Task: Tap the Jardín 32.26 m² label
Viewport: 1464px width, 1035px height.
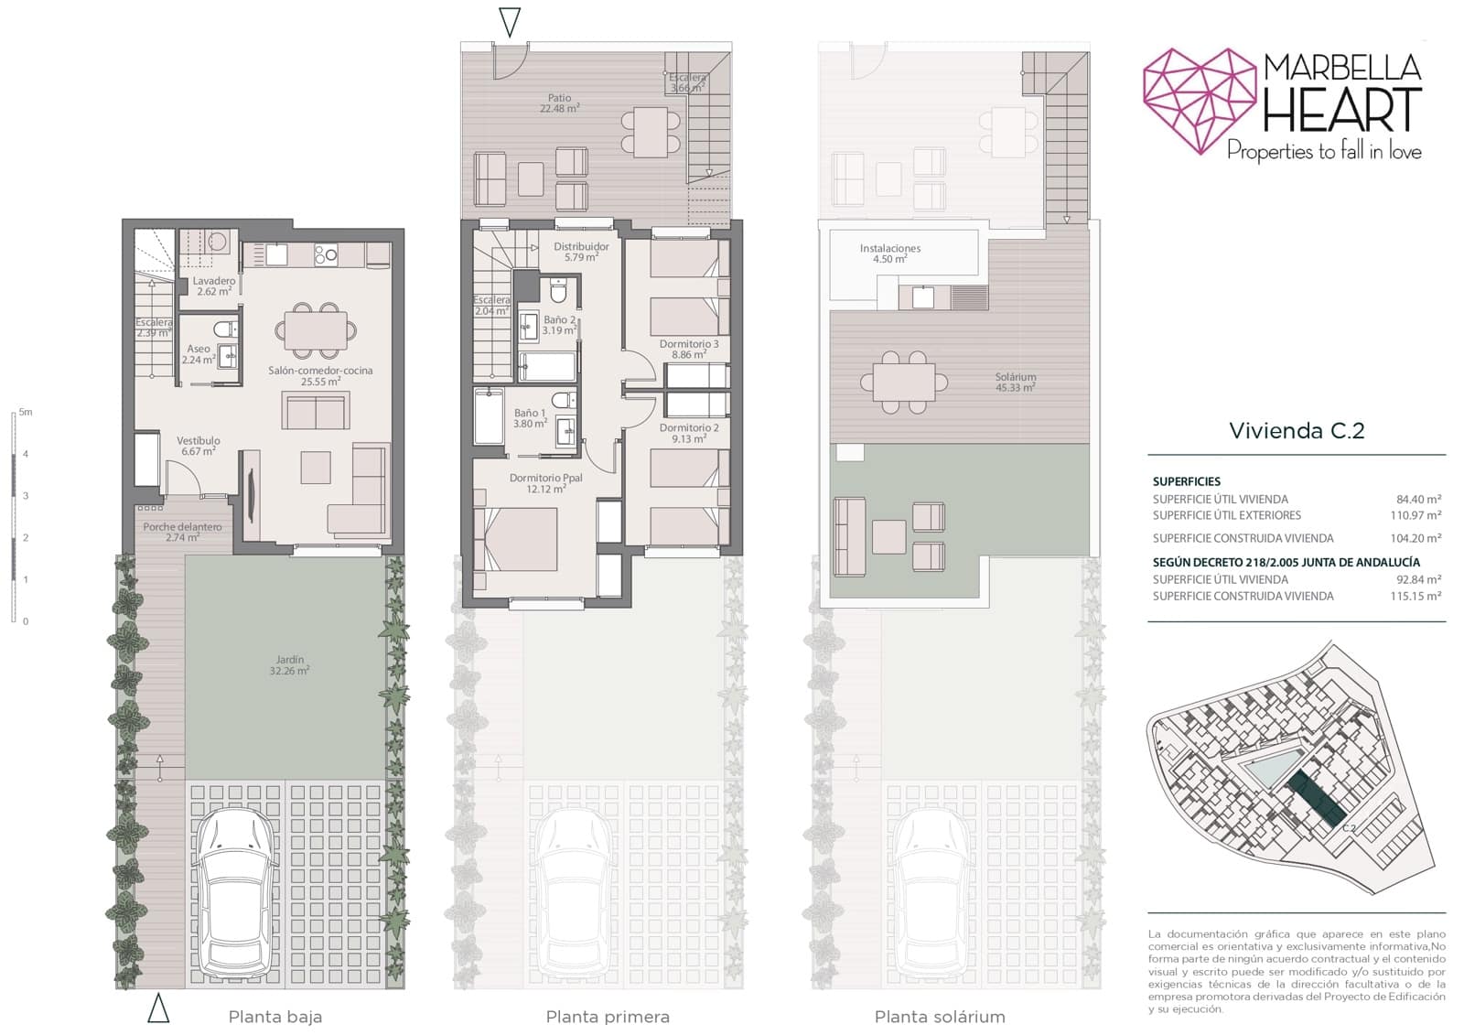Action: point(290,665)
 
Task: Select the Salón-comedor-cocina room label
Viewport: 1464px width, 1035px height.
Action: point(320,376)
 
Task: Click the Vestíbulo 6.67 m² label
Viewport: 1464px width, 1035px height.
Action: point(199,446)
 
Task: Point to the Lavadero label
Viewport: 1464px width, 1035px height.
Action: point(213,286)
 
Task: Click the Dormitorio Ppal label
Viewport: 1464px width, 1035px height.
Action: point(546,483)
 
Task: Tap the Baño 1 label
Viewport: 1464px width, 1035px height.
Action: point(530,418)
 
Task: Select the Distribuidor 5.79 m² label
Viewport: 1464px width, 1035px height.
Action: point(581,252)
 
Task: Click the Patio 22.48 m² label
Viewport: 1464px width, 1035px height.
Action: point(559,102)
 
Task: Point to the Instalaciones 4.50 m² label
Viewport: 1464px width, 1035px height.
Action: point(889,253)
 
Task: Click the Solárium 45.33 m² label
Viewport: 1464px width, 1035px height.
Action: point(1016,383)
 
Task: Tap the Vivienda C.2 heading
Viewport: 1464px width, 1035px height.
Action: point(1297,431)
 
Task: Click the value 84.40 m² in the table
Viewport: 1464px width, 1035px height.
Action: point(1418,500)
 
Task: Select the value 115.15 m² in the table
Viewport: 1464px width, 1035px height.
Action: point(1416,597)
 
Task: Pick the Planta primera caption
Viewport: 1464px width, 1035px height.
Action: point(608,1017)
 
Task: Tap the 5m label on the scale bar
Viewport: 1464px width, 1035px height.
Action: point(26,413)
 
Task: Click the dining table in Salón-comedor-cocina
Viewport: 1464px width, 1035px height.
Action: point(316,330)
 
